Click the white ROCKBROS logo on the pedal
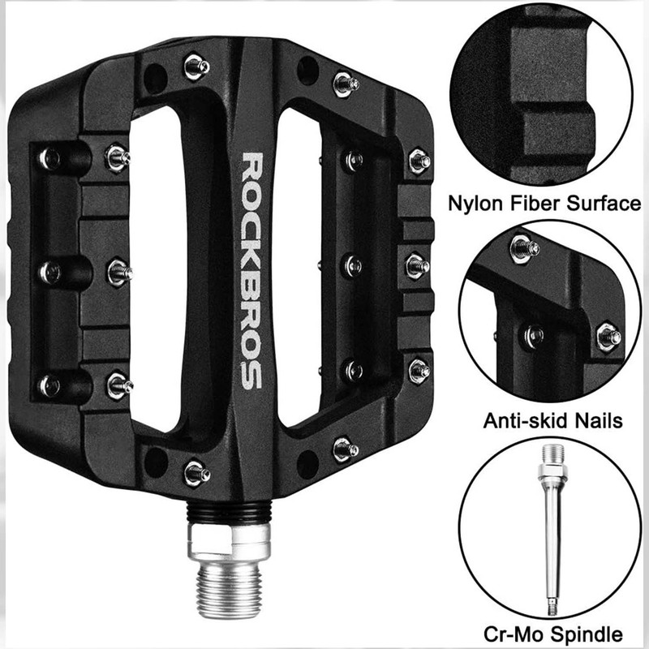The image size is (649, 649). [x=252, y=271]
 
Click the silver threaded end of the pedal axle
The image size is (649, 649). [x=229, y=593]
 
